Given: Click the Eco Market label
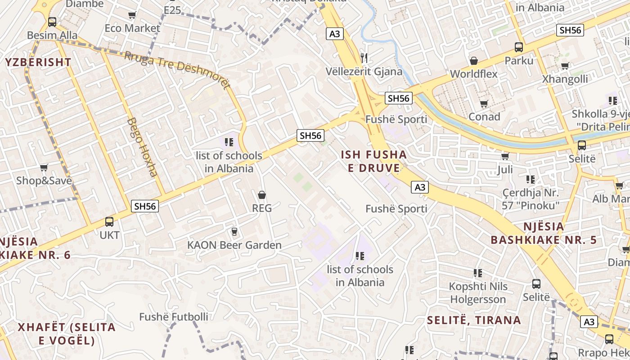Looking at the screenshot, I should tap(132, 28).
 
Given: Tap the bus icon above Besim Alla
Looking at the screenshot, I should tap(52, 22).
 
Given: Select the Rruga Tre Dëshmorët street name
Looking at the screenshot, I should tap(177, 70).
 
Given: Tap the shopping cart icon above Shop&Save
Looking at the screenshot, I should tap(44, 168).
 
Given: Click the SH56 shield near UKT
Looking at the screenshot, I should tap(145, 206).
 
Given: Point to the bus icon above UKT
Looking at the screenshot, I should tap(109, 221).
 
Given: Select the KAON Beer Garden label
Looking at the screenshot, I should tap(234, 245).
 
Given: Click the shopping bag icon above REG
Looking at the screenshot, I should tap(261, 195).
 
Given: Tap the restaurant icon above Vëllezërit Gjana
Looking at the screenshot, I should tap(364, 58).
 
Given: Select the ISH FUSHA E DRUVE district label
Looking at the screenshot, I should tap(373, 162).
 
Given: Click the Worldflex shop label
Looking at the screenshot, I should tap(473, 74).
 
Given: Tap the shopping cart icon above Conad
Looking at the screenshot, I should tap(484, 104).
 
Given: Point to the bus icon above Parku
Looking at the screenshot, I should tap(519, 47).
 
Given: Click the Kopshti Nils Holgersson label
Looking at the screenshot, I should tap(478, 293).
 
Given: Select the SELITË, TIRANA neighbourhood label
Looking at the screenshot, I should tap(474, 320).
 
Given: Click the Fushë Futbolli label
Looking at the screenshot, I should tap(174, 317).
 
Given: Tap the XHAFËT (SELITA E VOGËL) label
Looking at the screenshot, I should tap(67, 333).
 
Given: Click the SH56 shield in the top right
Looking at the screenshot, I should tap(570, 30).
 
